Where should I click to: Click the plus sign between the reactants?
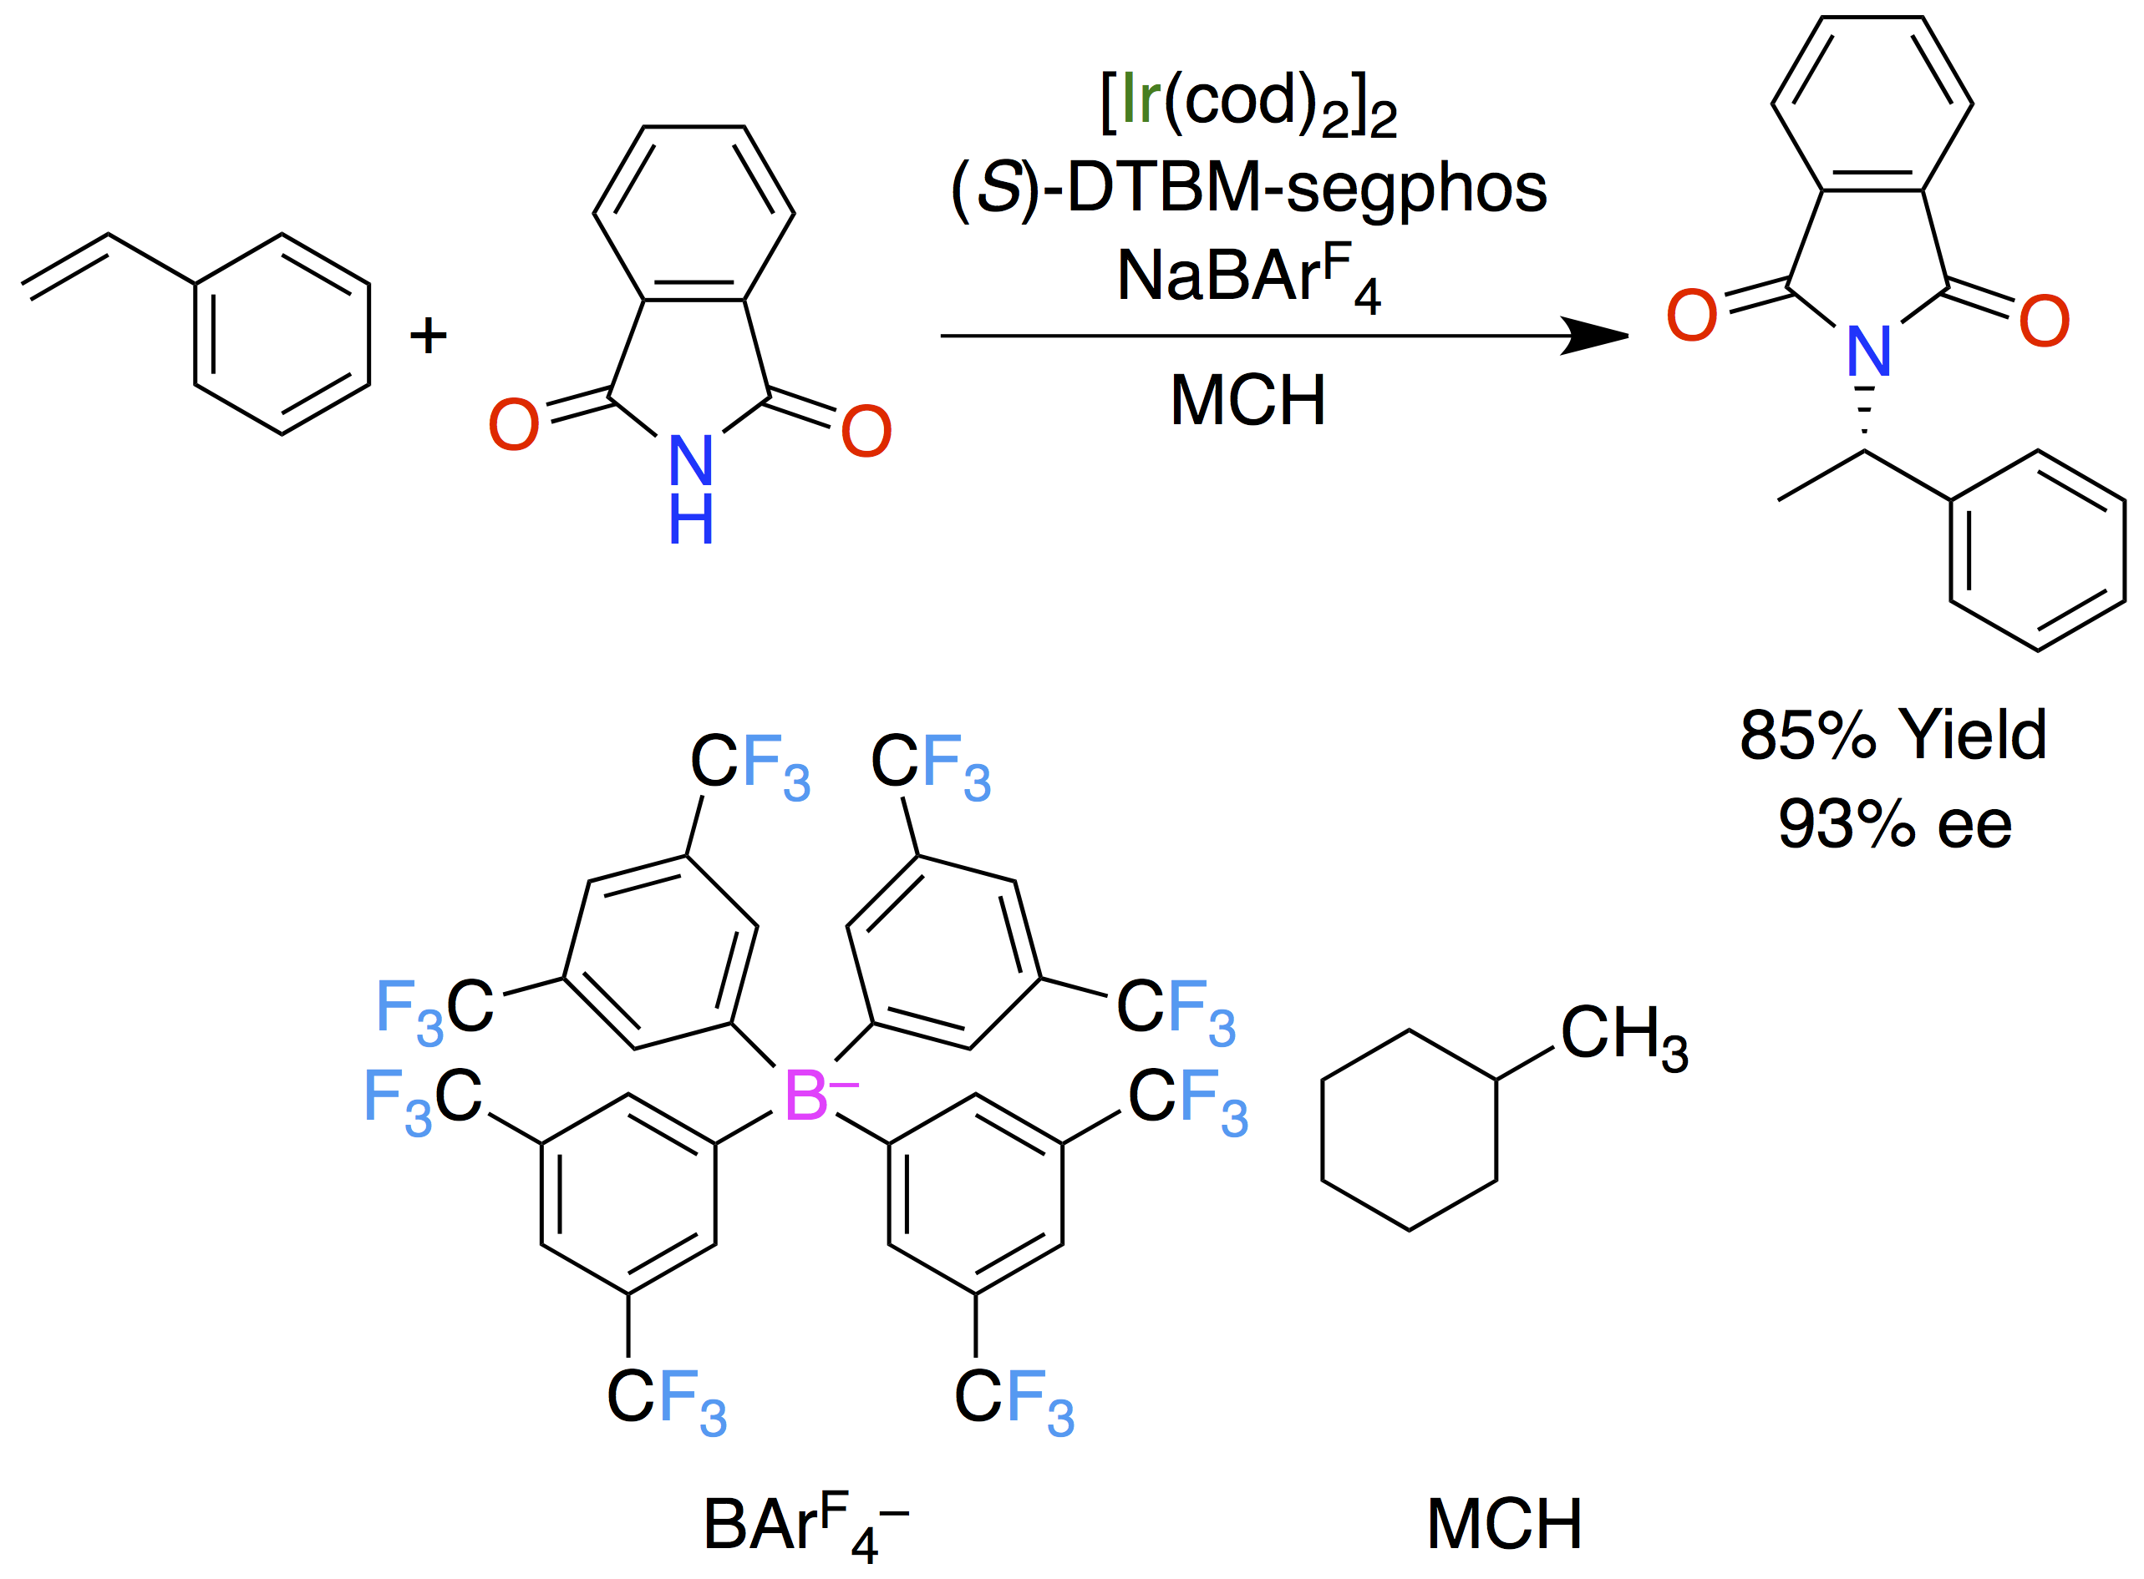pos(429,336)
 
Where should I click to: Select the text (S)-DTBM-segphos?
pos(1248,189)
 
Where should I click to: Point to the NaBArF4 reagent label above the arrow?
pos(1248,277)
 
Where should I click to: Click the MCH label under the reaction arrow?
pos(1248,401)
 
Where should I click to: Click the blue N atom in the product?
pos(1868,352)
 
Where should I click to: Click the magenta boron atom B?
pos(805,1096)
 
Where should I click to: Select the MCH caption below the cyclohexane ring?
pos(1504,1525)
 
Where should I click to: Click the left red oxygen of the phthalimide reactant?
pos(514,425)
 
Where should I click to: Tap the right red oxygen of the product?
pos(2045,321)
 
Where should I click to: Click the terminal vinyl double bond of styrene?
pos(65,264)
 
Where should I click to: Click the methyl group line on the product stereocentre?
pos(1821,475)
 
